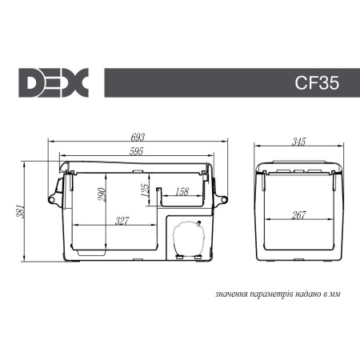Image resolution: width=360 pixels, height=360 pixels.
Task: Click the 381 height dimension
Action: [x=25, y=210]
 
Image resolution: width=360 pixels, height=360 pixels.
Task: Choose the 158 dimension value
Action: [x=181, y=192]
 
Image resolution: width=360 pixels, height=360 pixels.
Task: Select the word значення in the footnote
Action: [x=231, y=294]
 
